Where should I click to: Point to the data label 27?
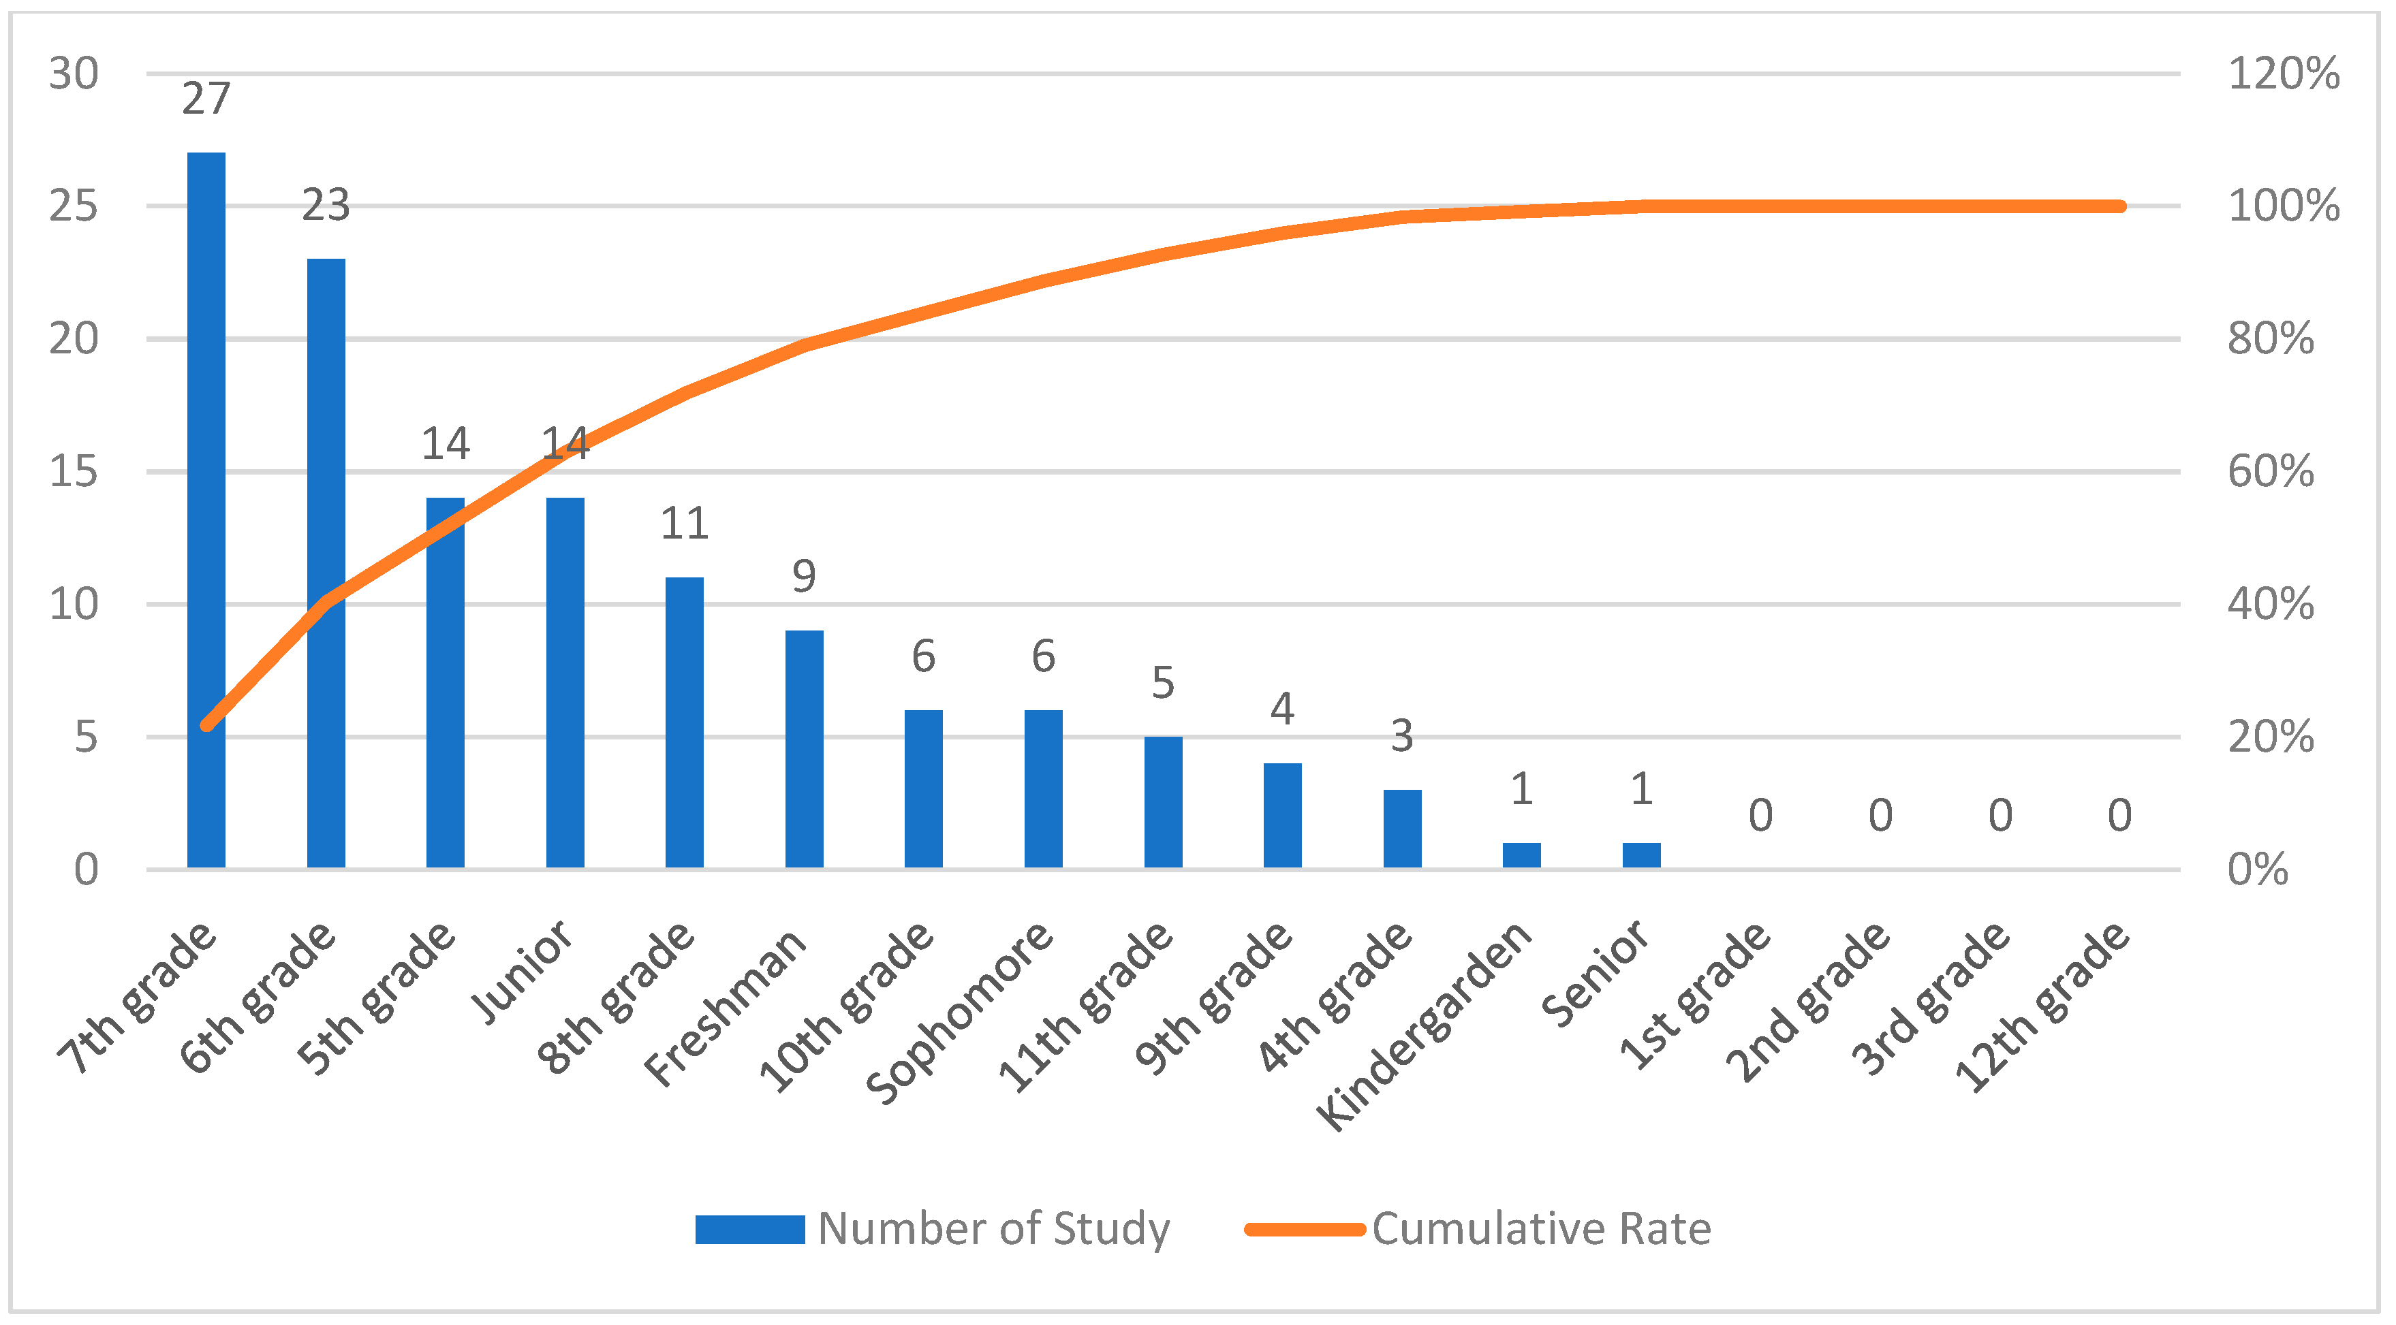206,99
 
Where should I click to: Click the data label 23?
326,204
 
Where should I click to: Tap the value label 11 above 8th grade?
685,524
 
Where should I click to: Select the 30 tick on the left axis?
74,74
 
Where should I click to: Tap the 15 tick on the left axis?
74,471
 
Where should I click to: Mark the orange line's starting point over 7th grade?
206,725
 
